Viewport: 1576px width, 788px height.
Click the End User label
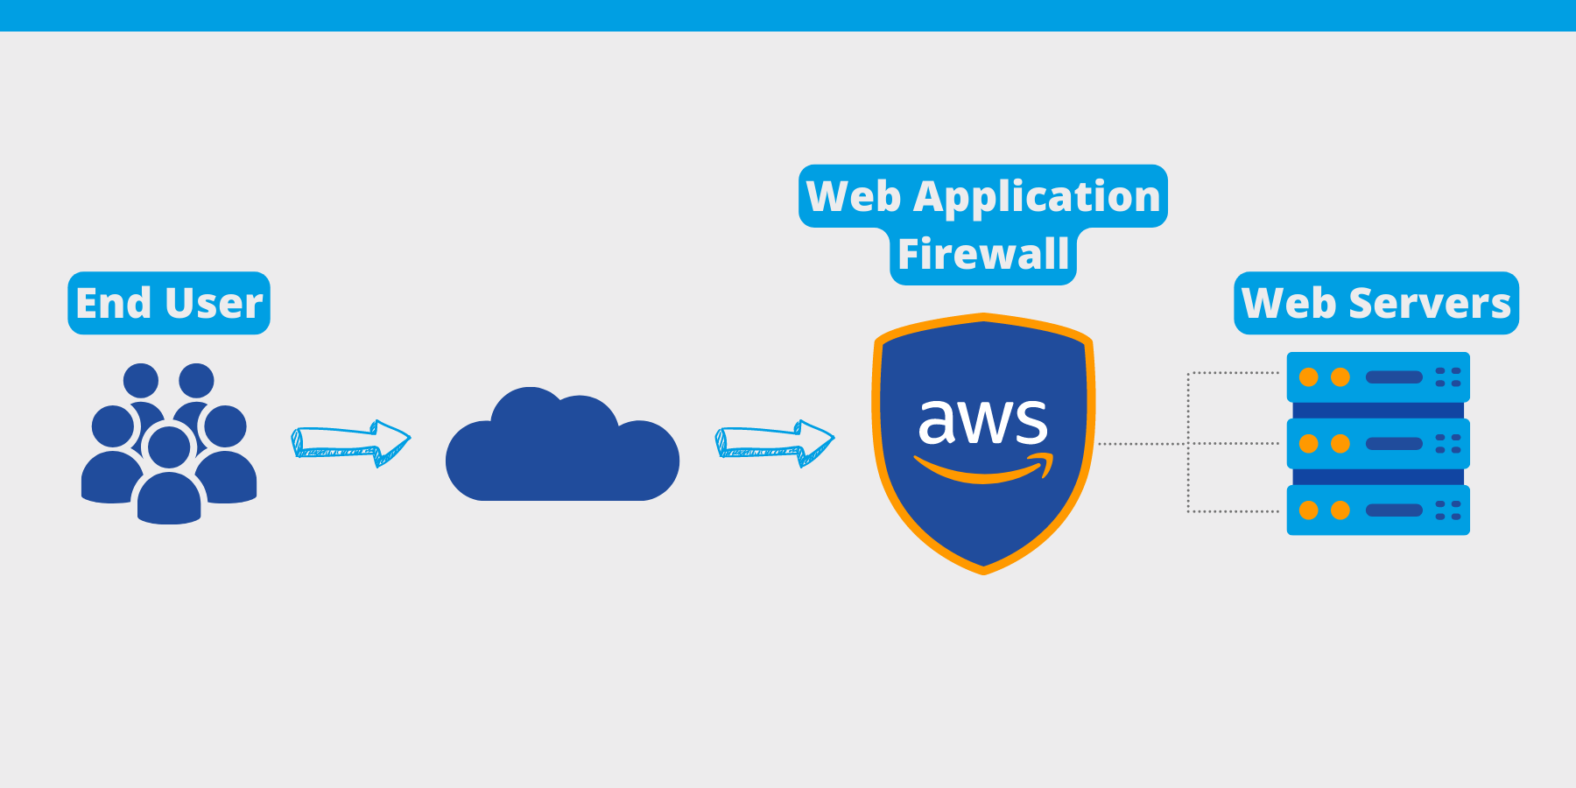click(x=169, y=303)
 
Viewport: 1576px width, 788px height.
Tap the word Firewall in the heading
click(x=983, y=255)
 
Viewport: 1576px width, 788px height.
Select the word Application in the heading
click(x=1037, y=197)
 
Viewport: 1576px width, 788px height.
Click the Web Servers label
click(x=1376, y=303)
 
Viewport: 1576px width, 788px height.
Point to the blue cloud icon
click(x=562, y=451)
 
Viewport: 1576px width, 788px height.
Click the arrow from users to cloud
click(x=350, y=443)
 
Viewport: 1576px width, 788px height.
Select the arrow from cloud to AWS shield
click(x=775, y=443)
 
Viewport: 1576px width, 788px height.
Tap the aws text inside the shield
click(x=982, y=421)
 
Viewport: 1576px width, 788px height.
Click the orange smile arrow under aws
click(x=982, y=470)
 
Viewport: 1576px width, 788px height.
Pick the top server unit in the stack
click(x=1377, y=377)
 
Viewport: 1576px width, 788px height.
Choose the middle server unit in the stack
click(x=1377, y=444)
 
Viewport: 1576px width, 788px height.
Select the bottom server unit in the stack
click(x=1377, y=510)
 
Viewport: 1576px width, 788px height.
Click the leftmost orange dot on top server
click(x=1309, y=377)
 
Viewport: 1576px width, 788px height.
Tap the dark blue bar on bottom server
click(x=1394, y=510)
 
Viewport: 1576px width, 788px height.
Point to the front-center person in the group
click(x=169, y=477)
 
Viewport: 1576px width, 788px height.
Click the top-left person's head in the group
click(x=141, y=381)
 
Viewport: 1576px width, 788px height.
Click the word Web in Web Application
click(x=854, y=197)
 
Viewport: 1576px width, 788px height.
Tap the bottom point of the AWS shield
click(x=983, y=570)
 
